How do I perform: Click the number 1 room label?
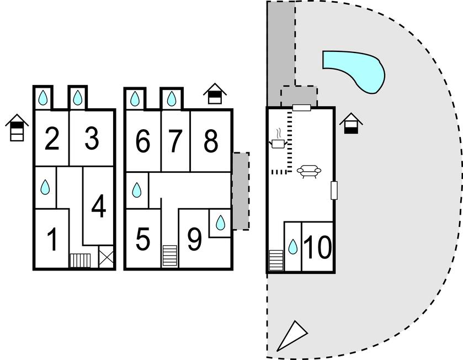pos(52,240)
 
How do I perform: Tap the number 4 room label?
pos(99,206)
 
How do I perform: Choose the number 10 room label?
pos(317,247)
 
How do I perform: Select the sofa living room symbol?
pos(309,171)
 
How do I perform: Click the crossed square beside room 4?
pos(106,257)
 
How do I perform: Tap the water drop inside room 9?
pos(220,223)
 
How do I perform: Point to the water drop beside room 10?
pos(292,247)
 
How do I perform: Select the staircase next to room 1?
pos(80,261)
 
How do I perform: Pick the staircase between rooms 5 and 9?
pos(170,256)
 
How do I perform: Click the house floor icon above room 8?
pos(215,94)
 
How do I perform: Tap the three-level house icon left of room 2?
pos(17,128)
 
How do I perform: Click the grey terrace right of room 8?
pos(241,191)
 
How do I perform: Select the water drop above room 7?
pos(171,99)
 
